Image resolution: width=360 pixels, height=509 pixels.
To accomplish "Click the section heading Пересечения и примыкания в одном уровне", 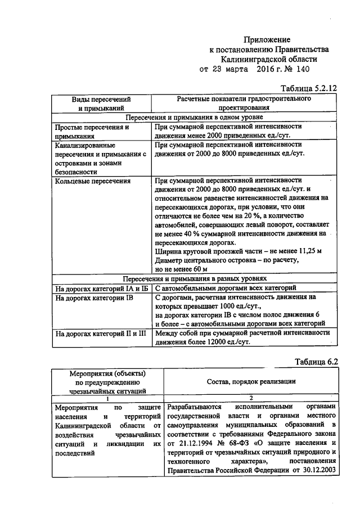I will click(x=195, y=117).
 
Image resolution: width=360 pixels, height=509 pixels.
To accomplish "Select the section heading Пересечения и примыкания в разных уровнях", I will click(x=195, y=278).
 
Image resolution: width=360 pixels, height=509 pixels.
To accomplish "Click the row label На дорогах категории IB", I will click(x=93, y=298).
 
